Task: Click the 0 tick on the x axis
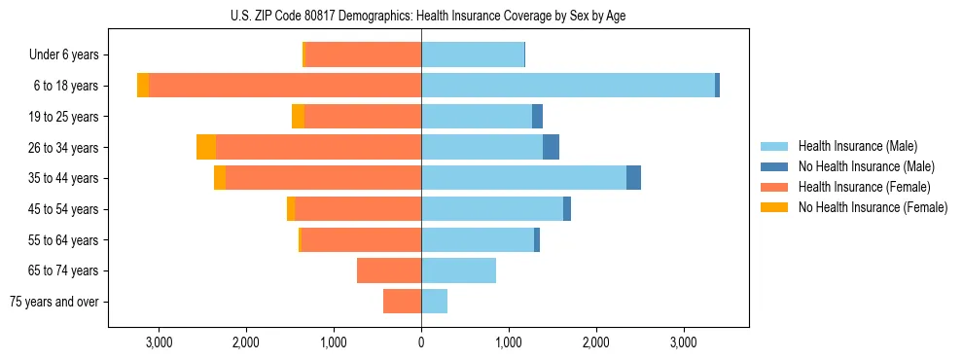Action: point(421,342)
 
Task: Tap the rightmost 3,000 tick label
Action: point(684,342)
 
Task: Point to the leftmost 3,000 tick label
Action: point(159,342)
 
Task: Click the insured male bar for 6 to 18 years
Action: point(568,86)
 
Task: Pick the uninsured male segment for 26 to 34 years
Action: point(551,147)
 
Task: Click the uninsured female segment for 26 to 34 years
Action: point(206,147)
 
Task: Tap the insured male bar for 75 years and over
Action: point(434,302)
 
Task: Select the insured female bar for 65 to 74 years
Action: point(389,270)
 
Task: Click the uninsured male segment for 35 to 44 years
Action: point(633,178)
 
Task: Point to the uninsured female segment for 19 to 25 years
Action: point(298,117)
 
